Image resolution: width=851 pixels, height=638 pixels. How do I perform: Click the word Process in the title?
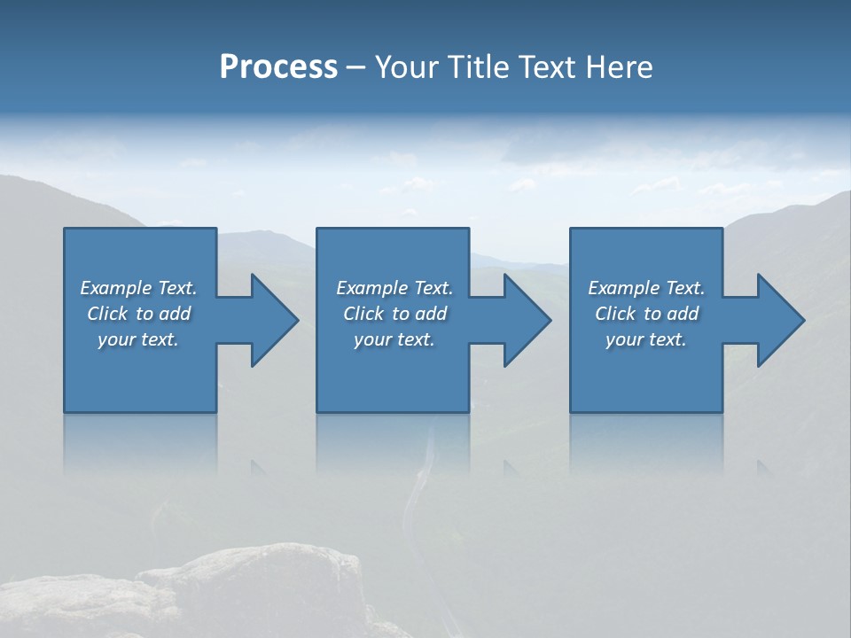point(278,67)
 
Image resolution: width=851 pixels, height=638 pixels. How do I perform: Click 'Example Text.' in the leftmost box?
point(138,288)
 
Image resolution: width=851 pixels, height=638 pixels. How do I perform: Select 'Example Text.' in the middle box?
point(394,288)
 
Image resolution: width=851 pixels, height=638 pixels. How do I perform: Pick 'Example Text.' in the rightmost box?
point(646,288)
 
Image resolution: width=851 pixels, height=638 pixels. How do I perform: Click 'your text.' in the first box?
point(138,339)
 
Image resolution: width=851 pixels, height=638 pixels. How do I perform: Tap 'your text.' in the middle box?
point(394,339)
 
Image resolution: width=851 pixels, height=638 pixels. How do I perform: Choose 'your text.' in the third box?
point(646,339)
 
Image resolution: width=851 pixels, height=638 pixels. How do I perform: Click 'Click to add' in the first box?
point(138,314)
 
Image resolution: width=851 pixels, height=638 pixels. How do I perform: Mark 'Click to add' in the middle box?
point(394,314)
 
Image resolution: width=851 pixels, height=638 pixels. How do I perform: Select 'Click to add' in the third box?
point(646,314)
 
